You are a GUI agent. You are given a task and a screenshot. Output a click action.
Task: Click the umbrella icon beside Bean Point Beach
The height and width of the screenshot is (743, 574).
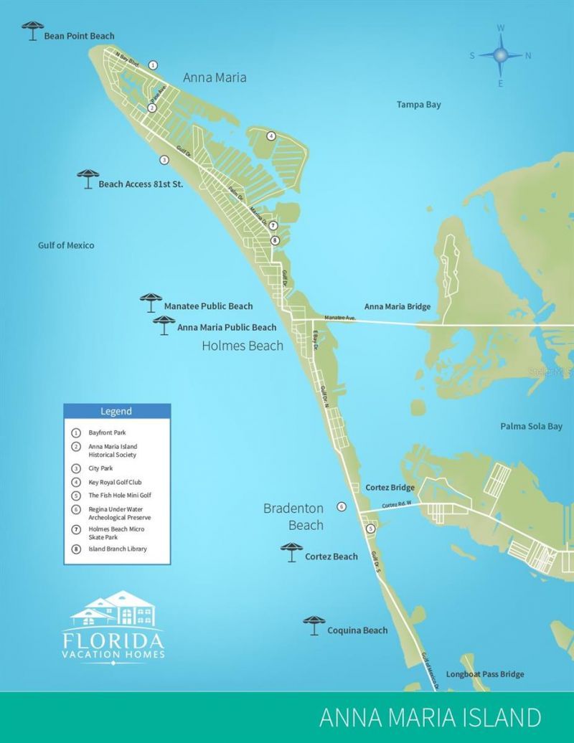pyautogui.click(x=32, y=30)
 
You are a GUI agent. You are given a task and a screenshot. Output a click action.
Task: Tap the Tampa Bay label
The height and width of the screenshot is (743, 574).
pyautogui.click(x=419, y=105)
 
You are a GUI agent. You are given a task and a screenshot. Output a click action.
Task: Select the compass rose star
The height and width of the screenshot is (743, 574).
pyautogui.click(x=501, y=55)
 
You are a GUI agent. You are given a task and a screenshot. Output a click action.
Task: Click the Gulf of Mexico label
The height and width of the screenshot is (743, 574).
pyautogui.click(x=66, y=245)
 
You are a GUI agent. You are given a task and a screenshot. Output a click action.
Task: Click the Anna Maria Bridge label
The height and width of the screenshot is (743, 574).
pyautogui.click(x=397, y=307)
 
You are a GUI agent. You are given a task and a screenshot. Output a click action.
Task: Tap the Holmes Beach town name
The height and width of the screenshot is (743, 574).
pyautogui.click(x=243, y=346)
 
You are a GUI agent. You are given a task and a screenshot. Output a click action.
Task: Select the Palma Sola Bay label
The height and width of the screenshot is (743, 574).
pyautogui.click(x=531, y=427)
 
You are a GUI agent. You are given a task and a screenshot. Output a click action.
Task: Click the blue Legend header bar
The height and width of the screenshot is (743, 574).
pyautogui.click(x=117, y=412)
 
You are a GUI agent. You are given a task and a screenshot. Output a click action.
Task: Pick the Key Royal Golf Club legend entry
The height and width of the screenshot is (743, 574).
pyautogui.click(x=114, y=482)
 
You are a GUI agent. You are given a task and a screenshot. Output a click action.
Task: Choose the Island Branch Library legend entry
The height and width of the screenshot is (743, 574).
pyautogui.click(x=117, y=549)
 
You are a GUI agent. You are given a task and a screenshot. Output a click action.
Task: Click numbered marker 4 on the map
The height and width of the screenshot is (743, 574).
pyautogui.click(x=271, y=136)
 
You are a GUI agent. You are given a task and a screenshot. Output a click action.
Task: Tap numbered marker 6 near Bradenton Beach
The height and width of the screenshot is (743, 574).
pyautogui.click(x=342, y=506)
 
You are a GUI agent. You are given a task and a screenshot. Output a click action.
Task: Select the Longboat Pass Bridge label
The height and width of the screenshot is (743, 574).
pyautogui.click(x=485, y=674)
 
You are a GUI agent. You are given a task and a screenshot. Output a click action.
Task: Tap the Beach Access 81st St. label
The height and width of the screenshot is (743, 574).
pyautogui.click(x=141, y=184)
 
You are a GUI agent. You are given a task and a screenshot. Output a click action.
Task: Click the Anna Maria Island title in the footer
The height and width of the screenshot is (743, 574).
pyautogui.click(x=430, y=718)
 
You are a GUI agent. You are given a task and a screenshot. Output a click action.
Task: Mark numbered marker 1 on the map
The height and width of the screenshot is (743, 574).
pyautogui.click(x=153, y=65)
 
